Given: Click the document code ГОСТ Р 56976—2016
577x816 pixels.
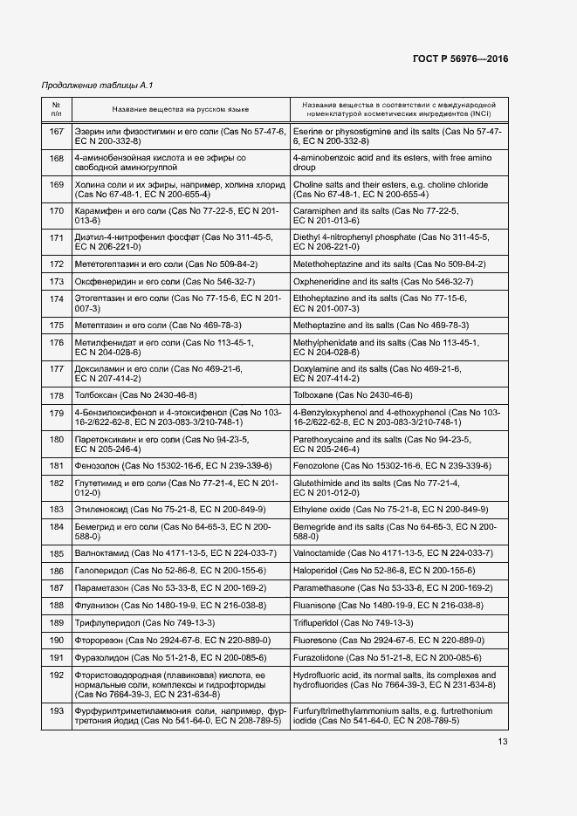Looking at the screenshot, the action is point(460,58).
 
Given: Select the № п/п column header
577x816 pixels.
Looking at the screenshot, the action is point(56,109).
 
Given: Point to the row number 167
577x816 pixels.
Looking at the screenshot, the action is point(57,131).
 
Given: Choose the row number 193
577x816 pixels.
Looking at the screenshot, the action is point(57,711).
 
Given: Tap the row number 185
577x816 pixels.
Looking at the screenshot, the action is point(57,553).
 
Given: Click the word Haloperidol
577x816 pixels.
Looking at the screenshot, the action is point(317,571).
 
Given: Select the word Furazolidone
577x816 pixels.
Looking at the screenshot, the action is point(320,657).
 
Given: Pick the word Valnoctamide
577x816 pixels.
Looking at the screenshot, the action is point(319,553).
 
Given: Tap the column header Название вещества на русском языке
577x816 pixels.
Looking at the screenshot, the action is point(181,109).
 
